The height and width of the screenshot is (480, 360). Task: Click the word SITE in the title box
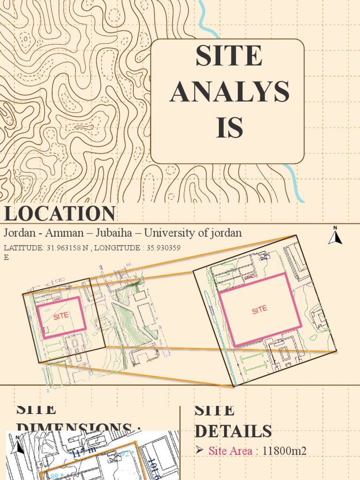pyautogui.click(x=229, y=56)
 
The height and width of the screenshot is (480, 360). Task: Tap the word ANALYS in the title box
pyautogui.click(x=229, y=91)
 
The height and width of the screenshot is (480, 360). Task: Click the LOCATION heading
pyautogui.click(x=60, y=213)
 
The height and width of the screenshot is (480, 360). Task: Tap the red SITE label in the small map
pyautogui.click(x=61, y=316)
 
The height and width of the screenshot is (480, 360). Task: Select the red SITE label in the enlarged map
pyautogui.click(x=259, y=309)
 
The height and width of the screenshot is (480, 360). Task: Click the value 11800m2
pyautogui.click(x=285, y=451)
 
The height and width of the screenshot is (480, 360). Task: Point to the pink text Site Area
pyautogui.click(x=230, y=451)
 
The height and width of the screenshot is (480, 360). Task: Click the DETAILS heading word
pyautogui.click(x=233, y=431)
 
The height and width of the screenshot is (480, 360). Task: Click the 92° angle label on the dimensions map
pyautogui.click(x=126, y=453)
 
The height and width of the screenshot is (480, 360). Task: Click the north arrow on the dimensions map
pyautogui.click(x=19, y=445)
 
